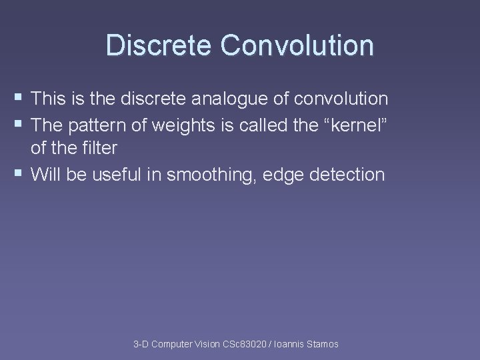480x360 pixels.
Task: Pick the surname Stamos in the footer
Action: [323, 344]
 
